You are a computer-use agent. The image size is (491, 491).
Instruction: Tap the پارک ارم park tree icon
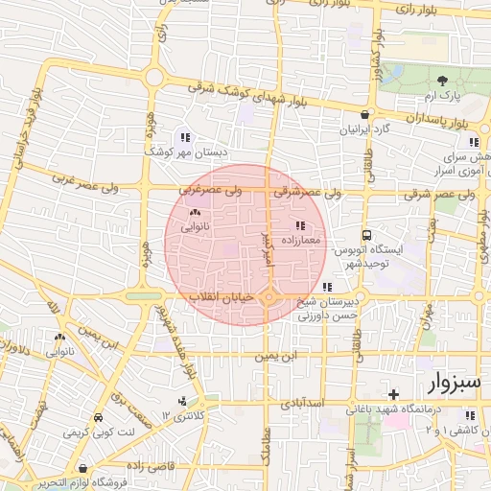tap(442, 82)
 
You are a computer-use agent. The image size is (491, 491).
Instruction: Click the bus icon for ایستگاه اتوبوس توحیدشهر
tap(366, 235)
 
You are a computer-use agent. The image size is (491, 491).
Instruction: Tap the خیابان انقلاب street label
tap(222, 298)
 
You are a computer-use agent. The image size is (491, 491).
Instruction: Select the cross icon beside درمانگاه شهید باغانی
tap(393, 394)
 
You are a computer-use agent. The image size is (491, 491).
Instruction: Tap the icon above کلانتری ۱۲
tap(182, 402)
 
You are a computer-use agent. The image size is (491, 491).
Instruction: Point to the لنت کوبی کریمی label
tap(93, 433)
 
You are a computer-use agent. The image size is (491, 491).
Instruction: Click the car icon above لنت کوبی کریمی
tap(99, 419)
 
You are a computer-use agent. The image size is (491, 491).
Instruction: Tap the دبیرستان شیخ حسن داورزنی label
tap(329, 306)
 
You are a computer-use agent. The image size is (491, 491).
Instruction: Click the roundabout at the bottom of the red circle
tap(269, 299)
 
